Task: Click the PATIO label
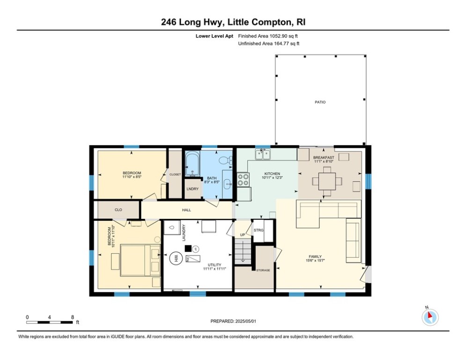[x=320, y=102]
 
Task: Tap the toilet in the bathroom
[x=226, y=160]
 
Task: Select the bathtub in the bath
[x=192, y=163]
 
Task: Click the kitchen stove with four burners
[x=243, y=180]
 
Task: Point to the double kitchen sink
[x=263, y=154]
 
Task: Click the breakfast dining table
[x=327, y=181]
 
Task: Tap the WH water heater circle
[x=175, y=258]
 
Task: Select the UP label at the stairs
[x=243, y=235]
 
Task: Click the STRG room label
[x=259, y=230]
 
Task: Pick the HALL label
[x=187, y=210]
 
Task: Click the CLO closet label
[x=118, y=210]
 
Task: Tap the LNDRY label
[x=192, y=189]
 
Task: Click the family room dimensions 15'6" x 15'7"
[x=315, y=261]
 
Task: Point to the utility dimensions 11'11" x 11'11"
[x=215, y=269]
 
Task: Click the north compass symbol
[x=430, y=317]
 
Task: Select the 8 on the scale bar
[x=73, y=317]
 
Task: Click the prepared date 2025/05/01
[x=245, y=321]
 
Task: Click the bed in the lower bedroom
[x=141, y=260]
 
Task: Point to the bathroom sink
[x=228, y=184]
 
